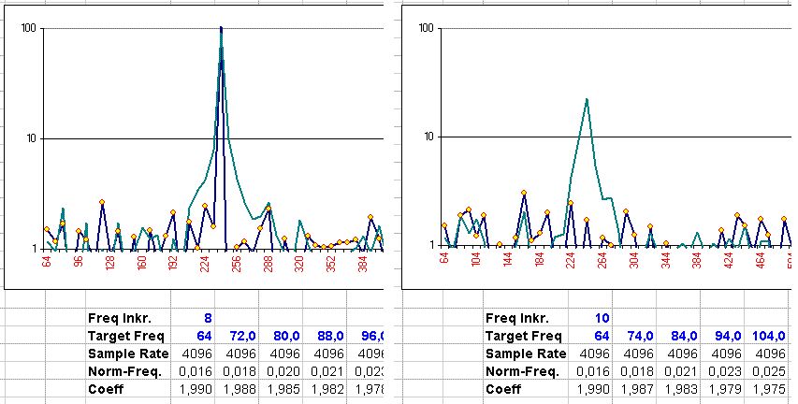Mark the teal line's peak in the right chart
[586, 98]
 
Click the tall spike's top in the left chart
[221, 28]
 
